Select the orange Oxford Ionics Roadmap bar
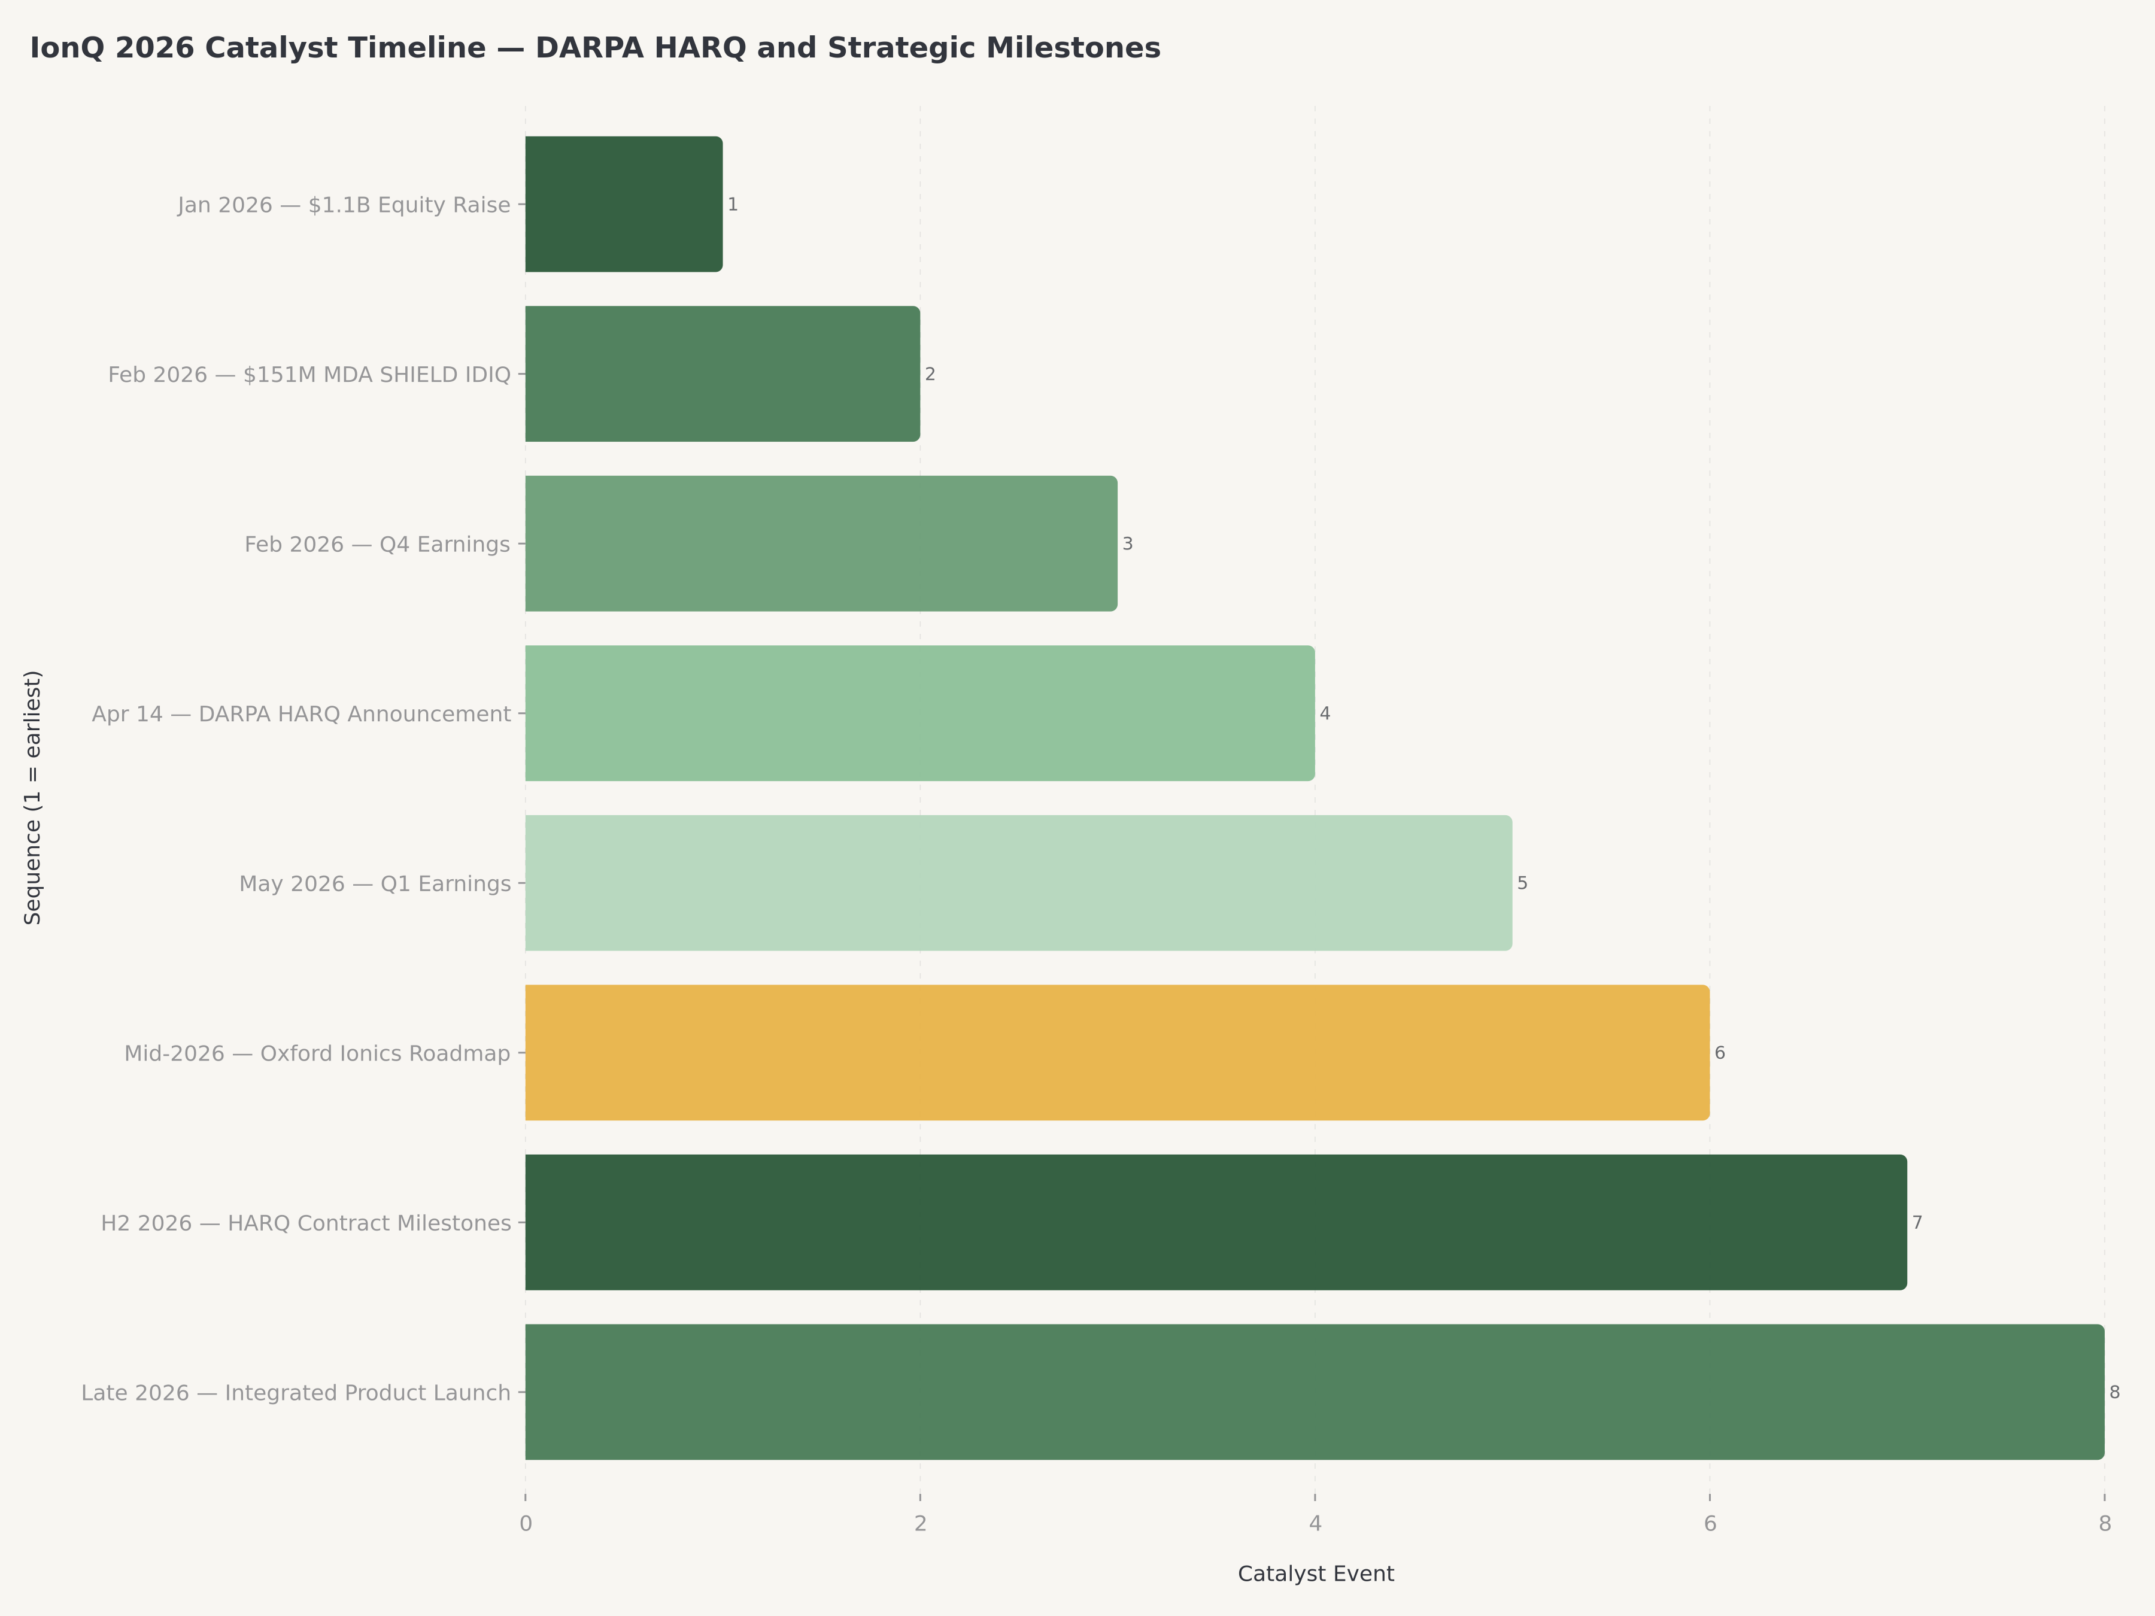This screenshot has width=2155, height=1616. [1116, 1052]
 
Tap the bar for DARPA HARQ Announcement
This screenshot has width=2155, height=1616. [919, 713]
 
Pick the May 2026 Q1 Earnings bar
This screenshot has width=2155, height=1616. [1018, 883]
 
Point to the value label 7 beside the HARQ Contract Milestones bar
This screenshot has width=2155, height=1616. [1916, 1222]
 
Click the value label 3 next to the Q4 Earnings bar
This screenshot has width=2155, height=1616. [1127, 543]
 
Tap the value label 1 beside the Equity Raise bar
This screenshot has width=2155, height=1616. [733, 205]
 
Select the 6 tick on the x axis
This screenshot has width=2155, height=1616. [1710, 1523]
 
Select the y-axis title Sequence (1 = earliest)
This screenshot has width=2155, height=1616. [33, 797]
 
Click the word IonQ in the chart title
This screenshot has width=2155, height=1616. [66, 48]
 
